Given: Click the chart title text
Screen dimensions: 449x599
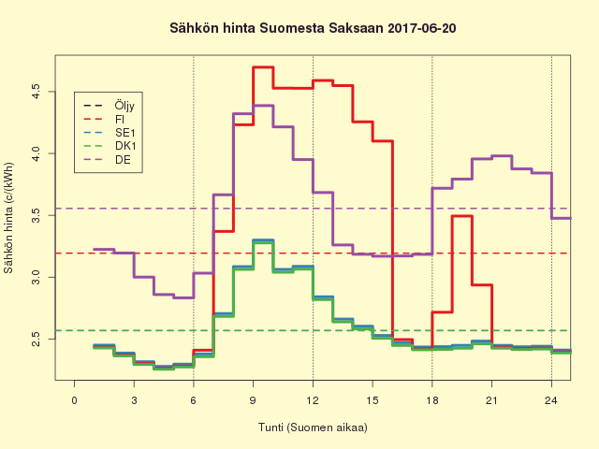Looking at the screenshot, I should (x=313, y=29).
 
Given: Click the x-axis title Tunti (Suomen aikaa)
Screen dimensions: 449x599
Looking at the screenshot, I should (x=313, y=427).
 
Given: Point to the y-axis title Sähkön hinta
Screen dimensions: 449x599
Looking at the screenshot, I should (x=9, y=218).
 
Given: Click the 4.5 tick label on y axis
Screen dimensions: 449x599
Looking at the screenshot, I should (x=37, y=91).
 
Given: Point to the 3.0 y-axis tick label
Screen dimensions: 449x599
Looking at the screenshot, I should (x=37, y=278).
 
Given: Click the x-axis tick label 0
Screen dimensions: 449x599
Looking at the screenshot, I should (x=75, y=400).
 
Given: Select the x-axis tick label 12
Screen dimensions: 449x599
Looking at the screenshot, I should (x=313, y=400).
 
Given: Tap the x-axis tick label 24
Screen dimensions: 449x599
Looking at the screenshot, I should (x=551, y=400).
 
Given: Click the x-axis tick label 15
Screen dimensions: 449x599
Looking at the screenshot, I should (x=373, y=400).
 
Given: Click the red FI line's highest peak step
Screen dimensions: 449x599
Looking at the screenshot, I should (x=263, y=67).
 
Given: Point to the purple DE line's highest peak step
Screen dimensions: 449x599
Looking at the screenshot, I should (x=263, y=106).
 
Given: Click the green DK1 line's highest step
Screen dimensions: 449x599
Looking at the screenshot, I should (x=263, y=243).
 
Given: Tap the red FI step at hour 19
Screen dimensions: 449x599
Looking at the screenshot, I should (x=461, y=216).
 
